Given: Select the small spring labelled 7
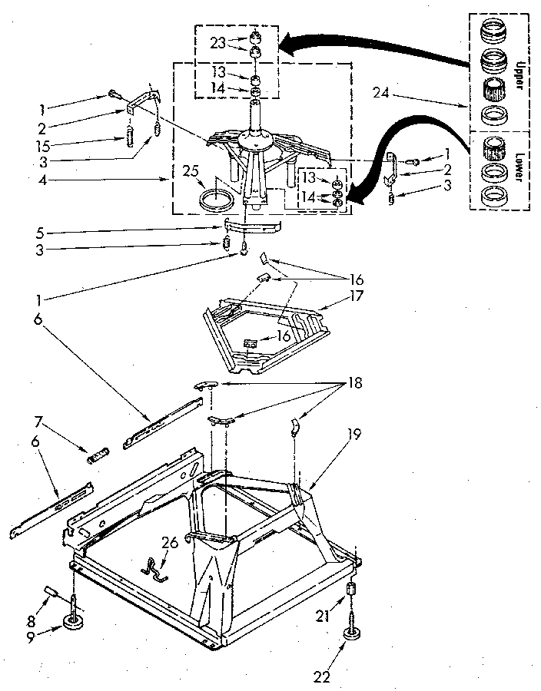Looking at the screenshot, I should [97, 458].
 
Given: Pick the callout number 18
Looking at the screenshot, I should [356, 382].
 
